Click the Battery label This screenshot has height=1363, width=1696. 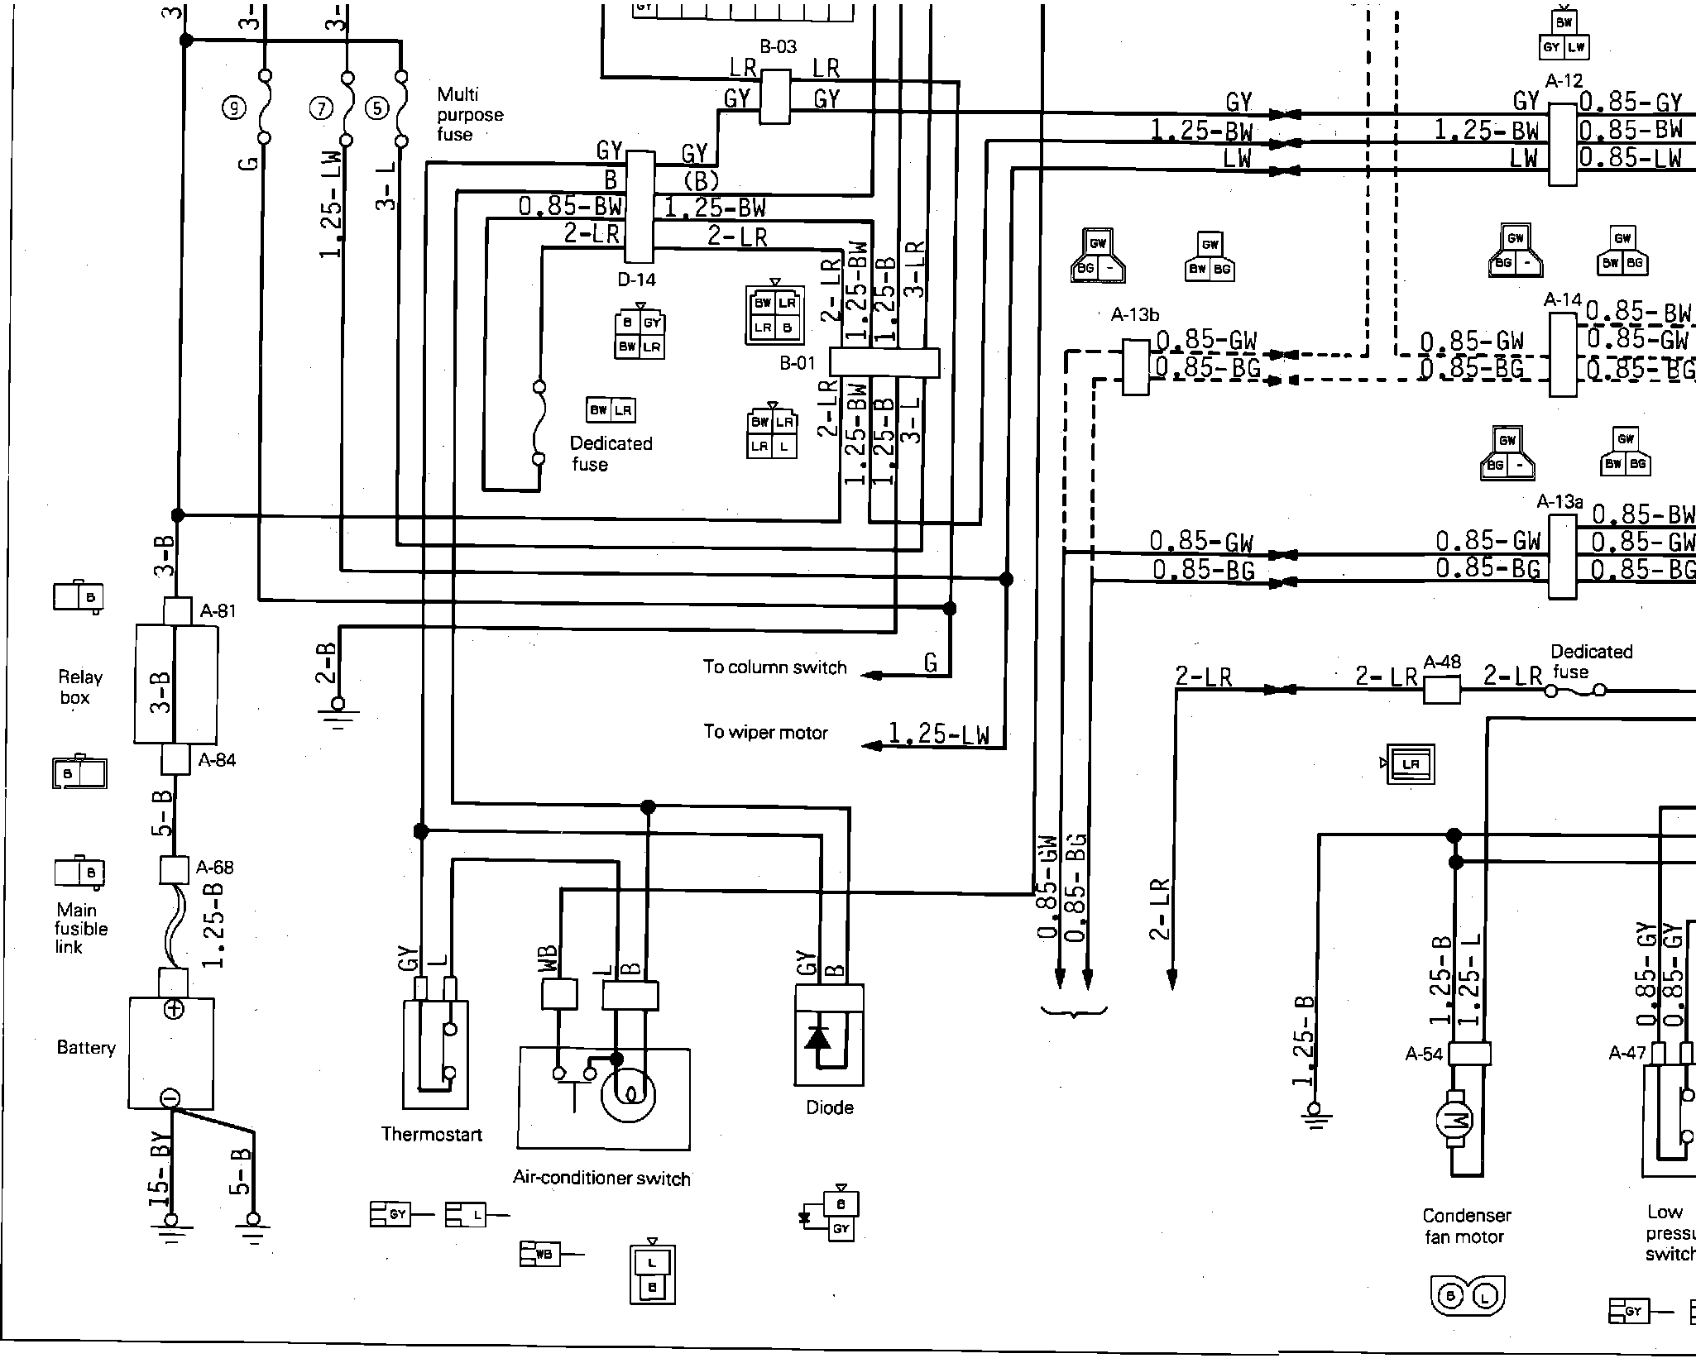pyautogui.click(x=86, y=1048)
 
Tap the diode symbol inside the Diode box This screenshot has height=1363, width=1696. pyautogui.click(x=819, y=1038)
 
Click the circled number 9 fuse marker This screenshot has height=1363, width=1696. pyautogui.click(x=235, y=108)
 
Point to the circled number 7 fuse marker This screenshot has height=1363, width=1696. pyautogui.click(x=320, y=108)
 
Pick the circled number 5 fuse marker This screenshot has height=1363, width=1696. pyautogui.click(x=376, y=108)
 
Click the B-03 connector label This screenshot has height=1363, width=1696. pyautogui.click(x=777, y=47)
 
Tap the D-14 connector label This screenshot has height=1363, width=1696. pyautogui.click(x=636, y=280)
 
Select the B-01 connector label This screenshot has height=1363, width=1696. pyautogui.click(x=798, y=363)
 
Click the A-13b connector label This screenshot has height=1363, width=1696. pyautogui.click(x=1134, y=315)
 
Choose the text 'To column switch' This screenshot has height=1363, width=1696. pyautogui.click(x=774, y=667)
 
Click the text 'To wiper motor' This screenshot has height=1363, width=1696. pyautogui.click(x=765, y=732)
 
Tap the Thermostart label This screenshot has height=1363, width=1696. pyautogui.click(x=431, y=1134)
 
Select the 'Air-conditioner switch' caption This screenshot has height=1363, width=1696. pyautogui.click(x=601, y=1178)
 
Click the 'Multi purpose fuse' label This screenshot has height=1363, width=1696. pyautogui.click(x=469, y=114)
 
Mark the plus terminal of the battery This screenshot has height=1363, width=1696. pyautogui.click(x=174, y=1009)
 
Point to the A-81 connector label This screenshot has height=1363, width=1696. pyautogui.click(x=218, y=611)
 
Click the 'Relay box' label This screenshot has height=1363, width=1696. pyautogui.click(x=80, y=687)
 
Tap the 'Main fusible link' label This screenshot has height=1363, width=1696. pyautogui.click(x=80, y=928)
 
